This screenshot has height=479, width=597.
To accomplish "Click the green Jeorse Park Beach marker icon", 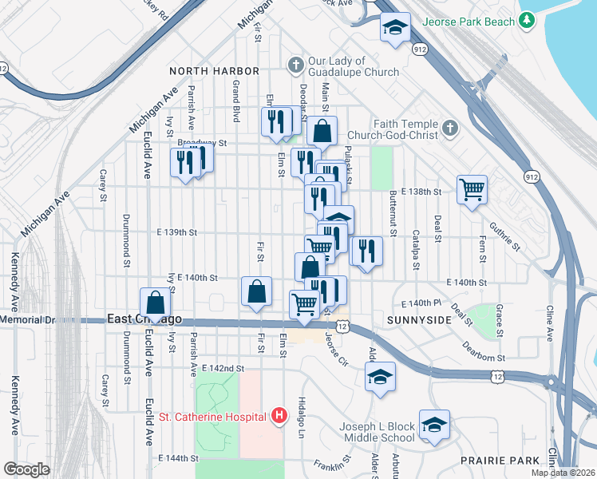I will (526, 22).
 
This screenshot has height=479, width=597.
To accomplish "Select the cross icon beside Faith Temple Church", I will (450, 128).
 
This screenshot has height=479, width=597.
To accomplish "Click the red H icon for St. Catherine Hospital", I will (279, 415).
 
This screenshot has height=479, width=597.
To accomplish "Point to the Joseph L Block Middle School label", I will (377, 432).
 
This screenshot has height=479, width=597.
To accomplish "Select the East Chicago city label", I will (145, 319).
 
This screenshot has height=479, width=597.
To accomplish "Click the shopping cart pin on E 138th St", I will (472, 190).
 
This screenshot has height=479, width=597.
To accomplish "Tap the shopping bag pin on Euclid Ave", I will (156, 303).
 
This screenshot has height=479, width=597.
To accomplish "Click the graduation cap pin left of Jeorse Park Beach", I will (394, 28).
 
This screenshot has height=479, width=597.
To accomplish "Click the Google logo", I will (26, 469).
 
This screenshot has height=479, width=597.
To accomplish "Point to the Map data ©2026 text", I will (563, 473).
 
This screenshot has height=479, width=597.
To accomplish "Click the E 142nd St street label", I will (223, 368).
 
